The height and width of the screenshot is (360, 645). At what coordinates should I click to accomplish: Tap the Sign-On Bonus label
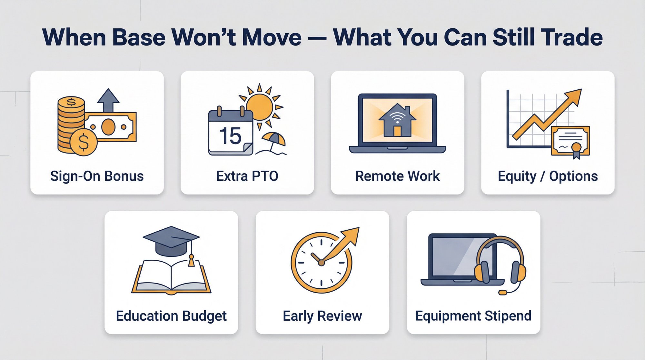(97, 176)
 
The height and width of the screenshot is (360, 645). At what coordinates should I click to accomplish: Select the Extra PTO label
(247, 176)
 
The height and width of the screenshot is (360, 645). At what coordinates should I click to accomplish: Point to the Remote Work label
(397, 176)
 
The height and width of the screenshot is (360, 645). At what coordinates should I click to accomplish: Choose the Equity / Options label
(548, 176)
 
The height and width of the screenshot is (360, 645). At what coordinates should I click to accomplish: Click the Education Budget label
(171, 316)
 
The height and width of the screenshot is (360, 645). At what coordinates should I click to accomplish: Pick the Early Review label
(322, 316)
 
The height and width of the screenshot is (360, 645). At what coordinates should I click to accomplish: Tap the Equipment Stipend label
(473, 316)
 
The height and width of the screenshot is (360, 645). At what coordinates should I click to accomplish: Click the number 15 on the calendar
(230, 136)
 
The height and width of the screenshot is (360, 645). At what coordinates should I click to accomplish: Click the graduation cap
(171, 240)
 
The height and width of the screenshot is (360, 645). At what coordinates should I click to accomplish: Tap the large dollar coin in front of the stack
(84, 142)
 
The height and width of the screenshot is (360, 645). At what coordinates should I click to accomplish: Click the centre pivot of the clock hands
(321, 263)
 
